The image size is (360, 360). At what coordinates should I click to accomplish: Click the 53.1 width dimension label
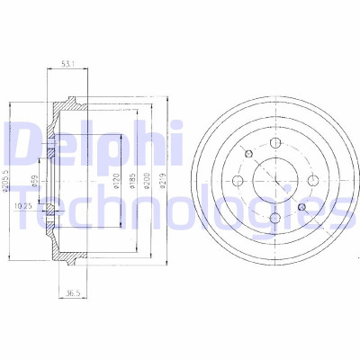pyautogui.click(x=67, y=64)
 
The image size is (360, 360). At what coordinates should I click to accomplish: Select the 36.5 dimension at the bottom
pyautogui.click(x=73, y=293)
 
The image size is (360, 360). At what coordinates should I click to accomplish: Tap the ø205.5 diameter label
pyautogui.click(x=4, y=180)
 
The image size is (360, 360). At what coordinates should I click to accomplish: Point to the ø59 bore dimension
pyautogui.click(x=35, y=182)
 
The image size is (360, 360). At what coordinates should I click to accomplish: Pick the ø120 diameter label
pyautogui.click(x=117, y=181)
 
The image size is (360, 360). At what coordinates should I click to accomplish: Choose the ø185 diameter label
pyautogui.click(x=132, y=181)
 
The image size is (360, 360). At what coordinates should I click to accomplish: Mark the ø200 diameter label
pyautogui.click(x=147, y=181)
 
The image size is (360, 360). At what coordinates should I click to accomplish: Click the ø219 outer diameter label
pyautogui.click(x=162, y=181)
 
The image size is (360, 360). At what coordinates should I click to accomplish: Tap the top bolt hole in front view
pyautogui.click(x=275, y=143)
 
